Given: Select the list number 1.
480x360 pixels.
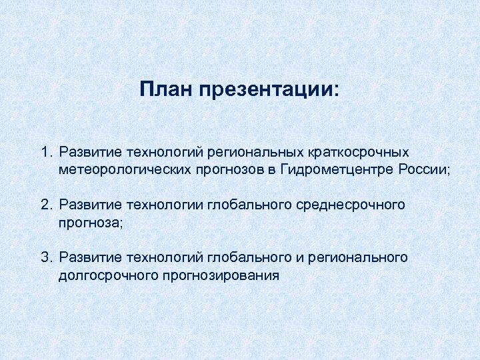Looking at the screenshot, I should pos(45,154).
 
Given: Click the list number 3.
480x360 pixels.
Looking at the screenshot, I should pos(45,257).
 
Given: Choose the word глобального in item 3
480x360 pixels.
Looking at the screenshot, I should pos(244,257).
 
